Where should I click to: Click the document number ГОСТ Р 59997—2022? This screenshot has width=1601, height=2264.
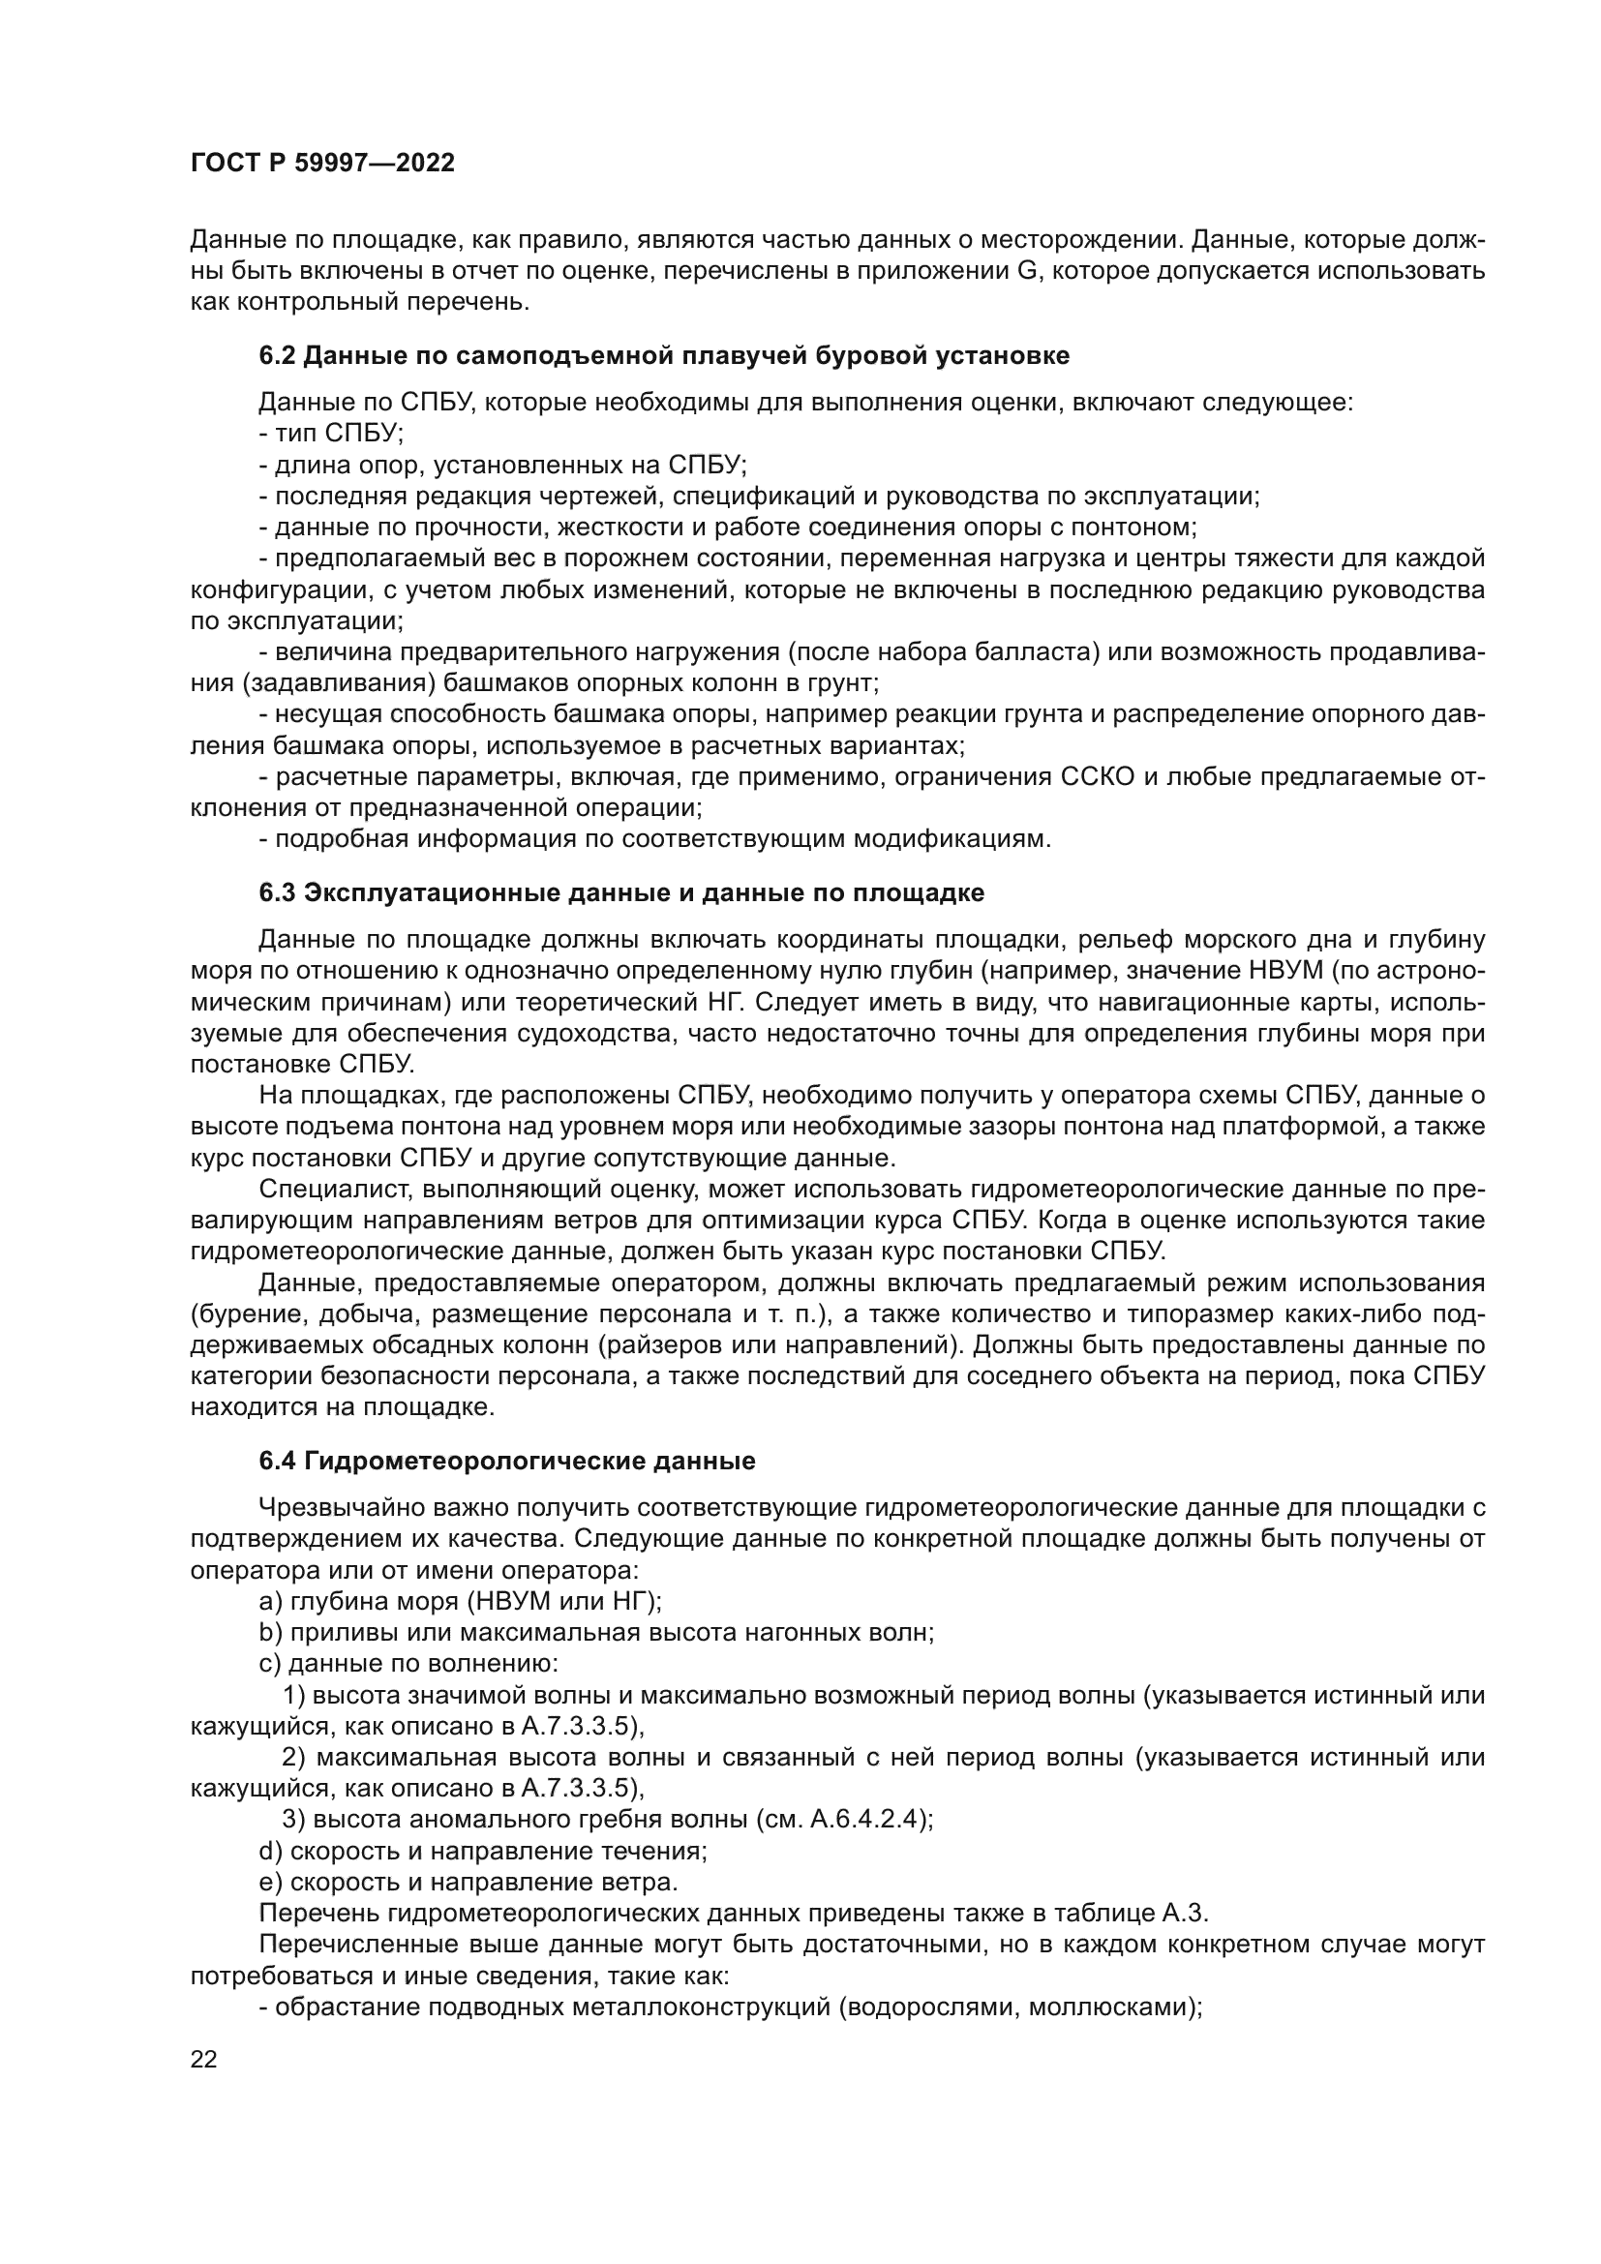(322, 164)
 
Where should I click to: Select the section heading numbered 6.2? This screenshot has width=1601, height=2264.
(663, 356)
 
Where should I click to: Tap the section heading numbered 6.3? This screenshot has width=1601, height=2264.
(621, 893)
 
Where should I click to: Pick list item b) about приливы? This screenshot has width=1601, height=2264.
(595, 1632)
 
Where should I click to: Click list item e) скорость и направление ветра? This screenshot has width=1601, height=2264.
(468, 1882)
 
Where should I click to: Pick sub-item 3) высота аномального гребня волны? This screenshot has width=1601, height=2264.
(606, 1820)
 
